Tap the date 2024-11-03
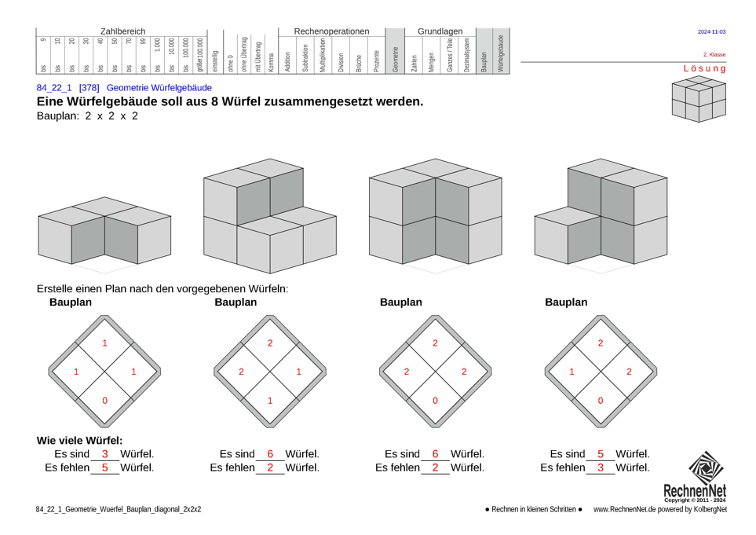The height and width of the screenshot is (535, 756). click(x=711, y=32)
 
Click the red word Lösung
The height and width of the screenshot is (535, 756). click(x=704, y=68)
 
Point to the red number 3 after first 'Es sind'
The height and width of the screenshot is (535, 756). click(x=104, y=454)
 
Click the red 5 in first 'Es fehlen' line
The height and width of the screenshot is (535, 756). click(x=104, y=467)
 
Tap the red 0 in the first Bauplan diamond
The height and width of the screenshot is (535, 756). click(x=104, y=401)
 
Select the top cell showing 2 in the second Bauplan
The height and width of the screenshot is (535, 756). click(x=270, y=343)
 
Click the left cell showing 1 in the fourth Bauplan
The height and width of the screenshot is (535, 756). click(x=572, y=372)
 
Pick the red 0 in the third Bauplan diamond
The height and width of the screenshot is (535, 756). click(x=435, y=401)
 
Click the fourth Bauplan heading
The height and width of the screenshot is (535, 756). click(x=565, y=302)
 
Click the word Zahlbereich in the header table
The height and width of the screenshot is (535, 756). click(x=122, y=31)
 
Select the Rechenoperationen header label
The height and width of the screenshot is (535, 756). click(x=331, y=31)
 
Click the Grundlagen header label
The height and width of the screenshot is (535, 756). click(x=440, y=31)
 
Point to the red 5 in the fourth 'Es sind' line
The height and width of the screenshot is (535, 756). click(x=601, y=454)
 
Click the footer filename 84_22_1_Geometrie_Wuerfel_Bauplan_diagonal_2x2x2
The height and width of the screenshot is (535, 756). click(x=119, y=509)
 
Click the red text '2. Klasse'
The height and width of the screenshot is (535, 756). click(x=714, y=55)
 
